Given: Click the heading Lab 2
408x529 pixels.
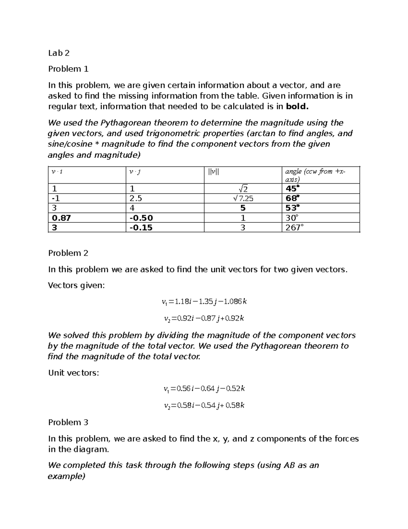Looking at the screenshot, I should (59, 53).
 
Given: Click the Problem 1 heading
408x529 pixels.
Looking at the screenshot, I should (68, 69).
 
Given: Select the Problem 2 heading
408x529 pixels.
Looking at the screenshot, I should (68, 253).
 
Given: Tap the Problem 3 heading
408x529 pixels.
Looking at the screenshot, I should (68, 422).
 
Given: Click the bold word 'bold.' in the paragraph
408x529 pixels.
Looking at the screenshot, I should (297, 107).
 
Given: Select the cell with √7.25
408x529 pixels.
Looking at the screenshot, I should (243, 198).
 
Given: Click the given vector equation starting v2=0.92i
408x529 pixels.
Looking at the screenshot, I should (204, 318).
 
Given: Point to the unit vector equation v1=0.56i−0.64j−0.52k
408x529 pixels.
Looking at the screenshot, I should (204, 389).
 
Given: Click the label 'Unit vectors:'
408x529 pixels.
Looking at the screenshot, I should (73, 373).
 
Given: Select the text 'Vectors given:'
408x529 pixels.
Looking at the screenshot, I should (76, 285).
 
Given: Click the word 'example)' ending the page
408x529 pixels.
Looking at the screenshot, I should (66, 476).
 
